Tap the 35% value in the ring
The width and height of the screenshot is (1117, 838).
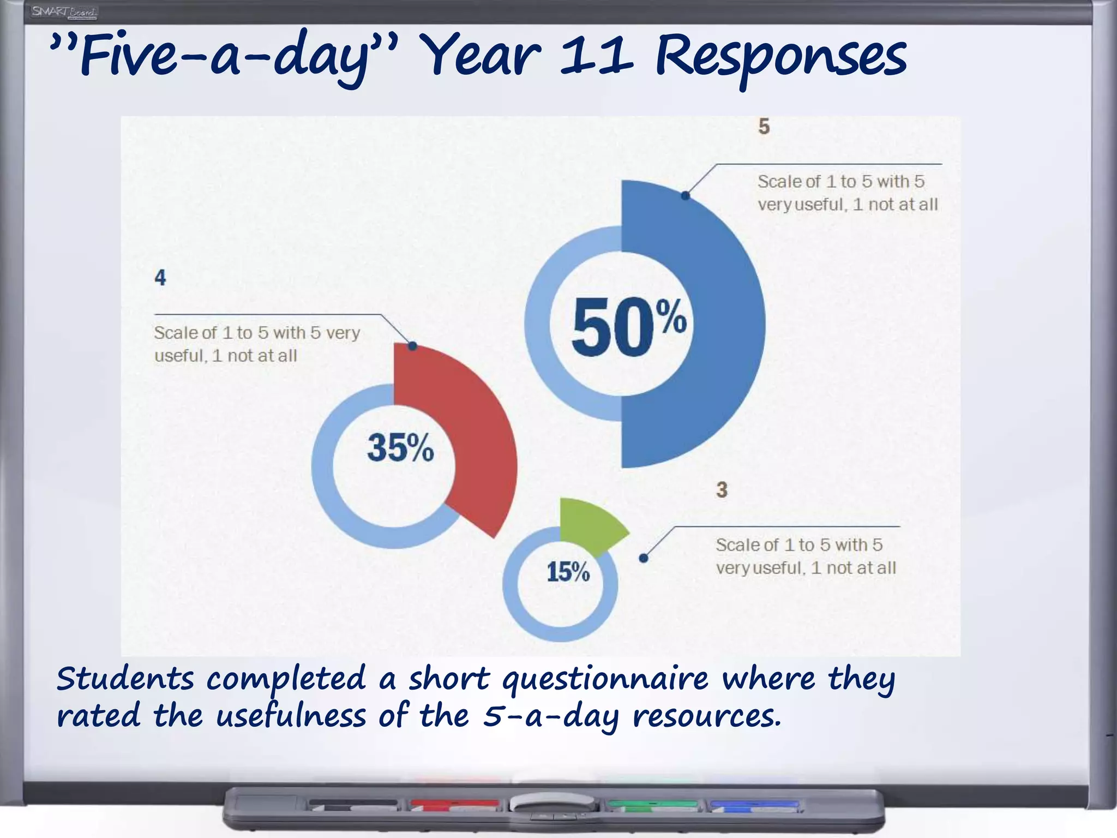(400, 447)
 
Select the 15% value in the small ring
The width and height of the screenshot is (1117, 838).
(568, 572)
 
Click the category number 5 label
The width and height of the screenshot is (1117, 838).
(764, 127)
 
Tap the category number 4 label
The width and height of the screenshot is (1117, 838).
(160, 278)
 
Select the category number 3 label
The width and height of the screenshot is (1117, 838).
(722, 489)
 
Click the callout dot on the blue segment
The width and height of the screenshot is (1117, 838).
(686, 195)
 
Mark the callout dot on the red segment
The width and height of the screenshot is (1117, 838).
(413, 346)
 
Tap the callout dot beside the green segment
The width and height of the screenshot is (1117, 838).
(644, 558)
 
